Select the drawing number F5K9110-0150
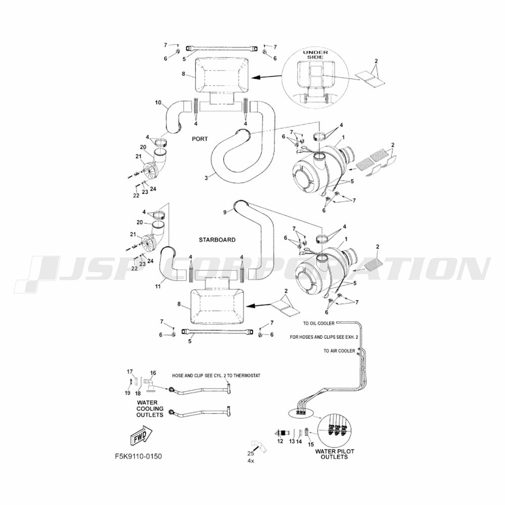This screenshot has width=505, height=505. [138, 457]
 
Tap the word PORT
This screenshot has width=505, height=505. [199, 139]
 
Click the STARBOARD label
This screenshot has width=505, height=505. [217, 239]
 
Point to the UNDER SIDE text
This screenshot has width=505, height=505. [315, 55]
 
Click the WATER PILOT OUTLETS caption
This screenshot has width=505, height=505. [335, 454]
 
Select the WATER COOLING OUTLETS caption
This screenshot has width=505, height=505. [150, 409]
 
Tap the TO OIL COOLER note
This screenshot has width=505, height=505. [319, 323]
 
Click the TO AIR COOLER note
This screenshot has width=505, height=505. [339, 351]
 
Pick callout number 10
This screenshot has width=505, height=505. [158, 103]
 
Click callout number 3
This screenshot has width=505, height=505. [207, 177]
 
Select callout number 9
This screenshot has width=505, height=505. [225, 212]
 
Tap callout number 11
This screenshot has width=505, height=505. [158, 286]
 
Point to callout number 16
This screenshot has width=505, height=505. [153, 373]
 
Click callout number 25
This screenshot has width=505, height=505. [250, 453]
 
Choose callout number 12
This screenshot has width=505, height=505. [280, 441]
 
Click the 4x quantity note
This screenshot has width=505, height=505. [250, 461]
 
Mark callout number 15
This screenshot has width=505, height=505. [311, 445]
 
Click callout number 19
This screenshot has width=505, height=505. [128, 393]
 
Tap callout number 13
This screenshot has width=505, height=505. [292, 441]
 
